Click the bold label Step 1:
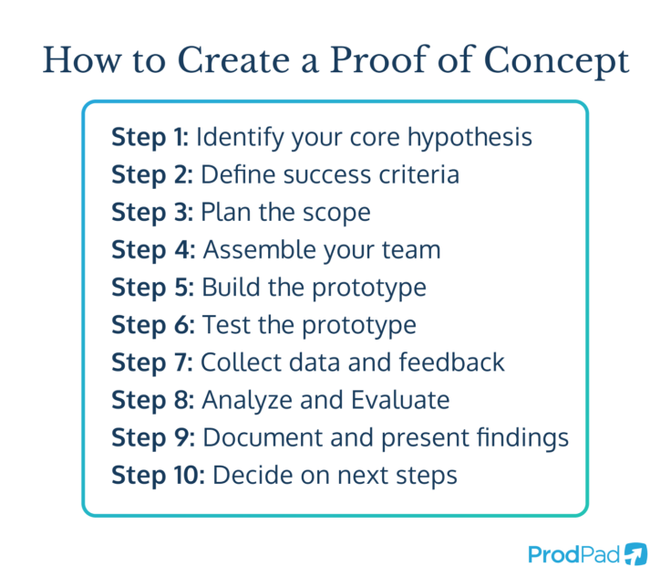pos(150,137)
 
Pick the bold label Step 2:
pos(151,174)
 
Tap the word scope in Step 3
pos(333,212)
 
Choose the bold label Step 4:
pos(152,249)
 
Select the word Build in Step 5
pos(228,287)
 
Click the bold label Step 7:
pos(151,362)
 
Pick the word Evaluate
pos(400,400)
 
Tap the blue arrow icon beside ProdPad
pos(636,553)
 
